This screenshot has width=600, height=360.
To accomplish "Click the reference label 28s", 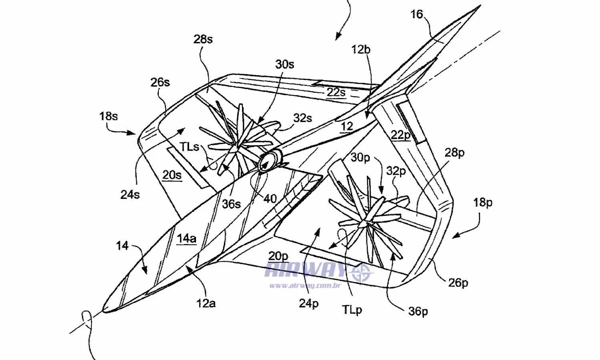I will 203,39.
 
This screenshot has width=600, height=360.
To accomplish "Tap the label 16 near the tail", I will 416,14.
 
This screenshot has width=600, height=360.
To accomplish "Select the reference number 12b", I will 360,50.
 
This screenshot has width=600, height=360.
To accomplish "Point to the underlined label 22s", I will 336,92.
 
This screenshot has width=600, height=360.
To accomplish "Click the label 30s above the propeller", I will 284,64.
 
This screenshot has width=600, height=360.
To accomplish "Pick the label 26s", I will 160,82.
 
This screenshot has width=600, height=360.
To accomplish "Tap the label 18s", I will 108,116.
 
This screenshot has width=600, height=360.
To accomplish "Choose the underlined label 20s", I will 172,175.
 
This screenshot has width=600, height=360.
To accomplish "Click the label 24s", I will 130,194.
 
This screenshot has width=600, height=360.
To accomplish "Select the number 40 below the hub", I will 270,198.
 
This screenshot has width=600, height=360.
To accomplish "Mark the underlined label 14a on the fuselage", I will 186,239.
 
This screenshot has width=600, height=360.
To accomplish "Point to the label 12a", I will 206,303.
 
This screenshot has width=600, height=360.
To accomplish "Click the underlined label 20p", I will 278,256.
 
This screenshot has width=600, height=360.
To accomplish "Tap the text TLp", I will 352,310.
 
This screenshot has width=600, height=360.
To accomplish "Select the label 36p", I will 418,311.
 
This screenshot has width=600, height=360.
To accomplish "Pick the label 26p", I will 458,283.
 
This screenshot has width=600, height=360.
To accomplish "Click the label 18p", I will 483,202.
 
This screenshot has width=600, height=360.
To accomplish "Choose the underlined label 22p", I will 400,135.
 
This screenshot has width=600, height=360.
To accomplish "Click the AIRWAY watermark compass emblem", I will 361,273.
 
